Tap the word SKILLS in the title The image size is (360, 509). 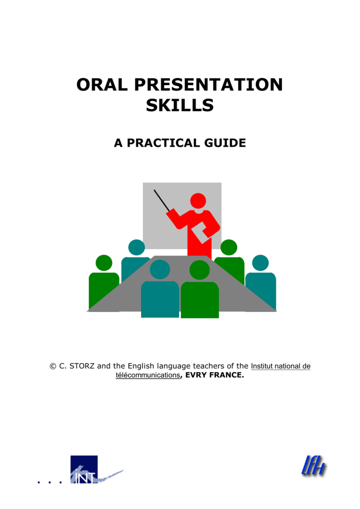point(180,105)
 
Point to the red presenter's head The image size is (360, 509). point(198,201)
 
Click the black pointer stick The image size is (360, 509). point(162,200)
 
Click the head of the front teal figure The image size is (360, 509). point(160,270)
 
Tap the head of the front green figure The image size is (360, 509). point(199,270)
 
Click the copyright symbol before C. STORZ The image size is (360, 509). point(53,366)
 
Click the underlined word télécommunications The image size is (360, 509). point(147,376)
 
